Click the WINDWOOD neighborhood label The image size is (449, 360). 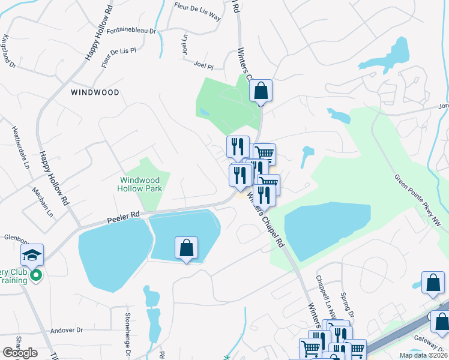(x=95, y=92)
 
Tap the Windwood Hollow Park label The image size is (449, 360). (x=140, y=184)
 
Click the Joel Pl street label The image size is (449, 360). (x=203, y=63)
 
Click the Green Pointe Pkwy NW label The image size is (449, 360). (x=420, y=201)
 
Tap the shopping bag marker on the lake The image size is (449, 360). (x=187, y=248)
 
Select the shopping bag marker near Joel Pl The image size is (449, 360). (x=261, y=91)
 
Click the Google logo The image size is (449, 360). (x=20, y=353)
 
